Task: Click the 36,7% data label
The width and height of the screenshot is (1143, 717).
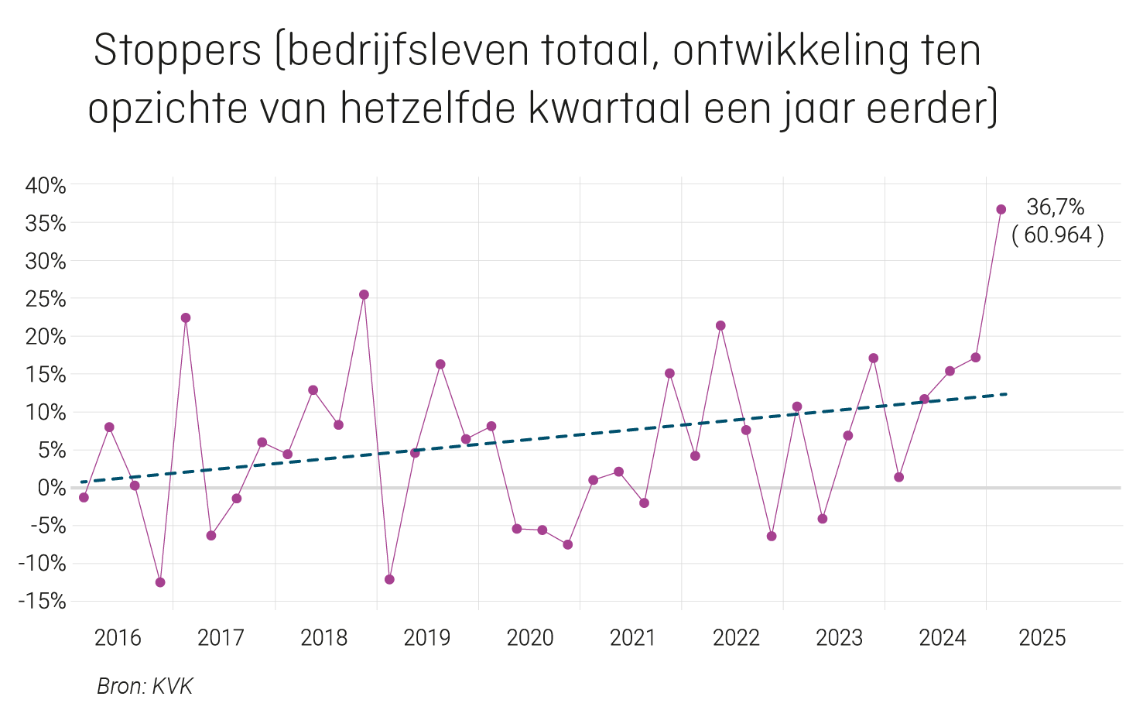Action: tap(1055, 208)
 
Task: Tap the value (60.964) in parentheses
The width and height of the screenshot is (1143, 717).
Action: tap(1057, 235)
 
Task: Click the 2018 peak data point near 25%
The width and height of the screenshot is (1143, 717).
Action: tap(364, 295)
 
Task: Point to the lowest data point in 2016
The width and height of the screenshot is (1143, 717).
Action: tap(160, 582)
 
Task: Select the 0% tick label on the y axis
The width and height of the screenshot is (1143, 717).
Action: tap(51, 488)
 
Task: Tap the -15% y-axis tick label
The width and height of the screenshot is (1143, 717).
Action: tap(42, 602)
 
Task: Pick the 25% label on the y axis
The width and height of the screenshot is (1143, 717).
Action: tap(46, 299)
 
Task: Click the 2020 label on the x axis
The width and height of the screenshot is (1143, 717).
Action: tap(530, 638)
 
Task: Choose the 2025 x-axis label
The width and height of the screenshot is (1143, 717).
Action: tap(1042, 638)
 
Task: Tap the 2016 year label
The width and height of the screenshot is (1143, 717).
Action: tap(118, 638)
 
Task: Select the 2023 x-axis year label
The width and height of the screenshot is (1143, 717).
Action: tap(839, 638)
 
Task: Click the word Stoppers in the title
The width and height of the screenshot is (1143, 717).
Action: tap(177, 52)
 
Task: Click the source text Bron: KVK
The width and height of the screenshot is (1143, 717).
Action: tap(145, 686)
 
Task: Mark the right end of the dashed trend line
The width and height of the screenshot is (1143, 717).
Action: tap(1007, 394)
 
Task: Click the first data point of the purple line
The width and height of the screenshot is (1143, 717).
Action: tap(84, 497)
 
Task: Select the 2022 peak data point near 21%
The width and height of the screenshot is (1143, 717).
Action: tap(720, 326)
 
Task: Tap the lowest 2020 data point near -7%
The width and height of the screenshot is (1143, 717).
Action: tap(568, 544)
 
